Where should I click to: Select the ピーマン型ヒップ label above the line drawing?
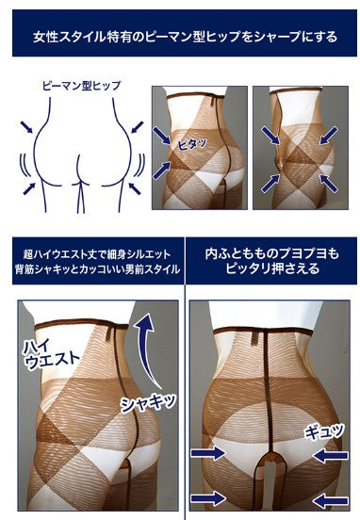coord(82,86)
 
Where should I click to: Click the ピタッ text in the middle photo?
coord(192,144)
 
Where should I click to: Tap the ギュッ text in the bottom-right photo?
coord(324,431)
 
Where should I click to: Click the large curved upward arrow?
coord(147,350)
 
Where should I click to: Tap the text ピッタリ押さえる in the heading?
coord(272,268)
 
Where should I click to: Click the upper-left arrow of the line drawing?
coord(26,127)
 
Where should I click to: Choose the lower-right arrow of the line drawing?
coord(135,188)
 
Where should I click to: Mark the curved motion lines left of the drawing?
coord(25,165)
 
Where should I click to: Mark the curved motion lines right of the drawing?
coord(141,165)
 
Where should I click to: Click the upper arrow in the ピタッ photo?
coord(162,135)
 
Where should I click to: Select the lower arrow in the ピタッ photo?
coord(162,170)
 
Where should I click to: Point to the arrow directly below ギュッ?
coord(330,456)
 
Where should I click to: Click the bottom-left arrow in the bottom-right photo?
coord(207,499)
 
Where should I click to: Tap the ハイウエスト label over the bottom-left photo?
coord(51,353)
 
